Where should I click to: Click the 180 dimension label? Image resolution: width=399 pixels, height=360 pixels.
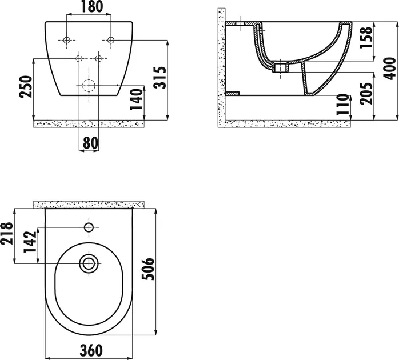coord(92,7)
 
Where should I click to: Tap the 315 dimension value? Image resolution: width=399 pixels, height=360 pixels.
coord(160,78)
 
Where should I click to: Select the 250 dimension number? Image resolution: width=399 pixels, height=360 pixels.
coord(26,86)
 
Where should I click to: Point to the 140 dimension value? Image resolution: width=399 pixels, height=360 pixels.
coord(137,99)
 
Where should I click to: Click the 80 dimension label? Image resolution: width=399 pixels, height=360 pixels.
coord(90,143)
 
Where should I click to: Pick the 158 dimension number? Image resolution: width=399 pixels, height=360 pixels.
coord(366,37)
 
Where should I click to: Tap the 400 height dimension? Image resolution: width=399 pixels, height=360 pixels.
coord(390,69)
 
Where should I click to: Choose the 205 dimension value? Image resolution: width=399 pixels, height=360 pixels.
coord(366,93)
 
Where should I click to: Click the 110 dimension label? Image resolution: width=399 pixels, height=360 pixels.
coord(342,105)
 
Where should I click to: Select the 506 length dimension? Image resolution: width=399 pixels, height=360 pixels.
coord(148,269)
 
